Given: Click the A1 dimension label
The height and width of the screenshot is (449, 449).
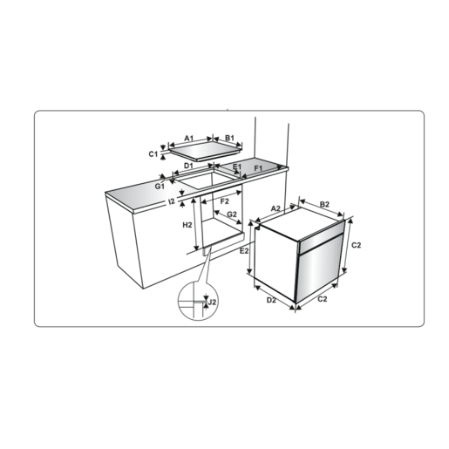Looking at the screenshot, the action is tap(189, 138).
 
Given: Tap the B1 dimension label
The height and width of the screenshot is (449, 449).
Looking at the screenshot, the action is tap(229, 138).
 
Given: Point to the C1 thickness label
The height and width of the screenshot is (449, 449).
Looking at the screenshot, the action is tap(153, 154).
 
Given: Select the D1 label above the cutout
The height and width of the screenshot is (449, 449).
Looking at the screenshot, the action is tap(188, 166).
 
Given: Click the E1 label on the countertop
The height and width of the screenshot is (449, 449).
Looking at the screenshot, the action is tap(237, 167).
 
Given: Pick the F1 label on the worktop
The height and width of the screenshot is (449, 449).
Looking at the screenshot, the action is tap(258, 168).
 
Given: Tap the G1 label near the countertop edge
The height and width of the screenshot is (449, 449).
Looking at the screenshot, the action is tap(160, 187).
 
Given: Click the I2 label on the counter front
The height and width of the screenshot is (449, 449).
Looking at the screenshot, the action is tap(172, 201).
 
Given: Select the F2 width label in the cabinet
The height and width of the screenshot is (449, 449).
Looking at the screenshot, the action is tap(224, 201).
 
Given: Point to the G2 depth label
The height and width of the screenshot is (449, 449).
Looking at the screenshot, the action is tap(232, 214).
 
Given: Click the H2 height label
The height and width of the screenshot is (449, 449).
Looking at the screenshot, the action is tap(187, 225).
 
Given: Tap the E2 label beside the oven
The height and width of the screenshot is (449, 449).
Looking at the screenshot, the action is tap(244, 250).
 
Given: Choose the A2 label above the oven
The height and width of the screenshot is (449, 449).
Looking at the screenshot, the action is tap(276, 208).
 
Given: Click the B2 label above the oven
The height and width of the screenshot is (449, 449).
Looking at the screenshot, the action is tap(324, 204).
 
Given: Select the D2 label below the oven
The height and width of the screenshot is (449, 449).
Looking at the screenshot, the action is tap(271, 300).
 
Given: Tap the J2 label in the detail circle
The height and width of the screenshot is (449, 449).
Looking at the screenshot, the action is tap(213, 302).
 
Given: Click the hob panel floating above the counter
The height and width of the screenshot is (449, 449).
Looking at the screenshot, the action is tap(205, 152).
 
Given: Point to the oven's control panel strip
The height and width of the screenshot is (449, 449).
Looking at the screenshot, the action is tap(322, 236).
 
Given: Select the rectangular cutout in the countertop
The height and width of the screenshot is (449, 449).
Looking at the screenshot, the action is tap(207, 179).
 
